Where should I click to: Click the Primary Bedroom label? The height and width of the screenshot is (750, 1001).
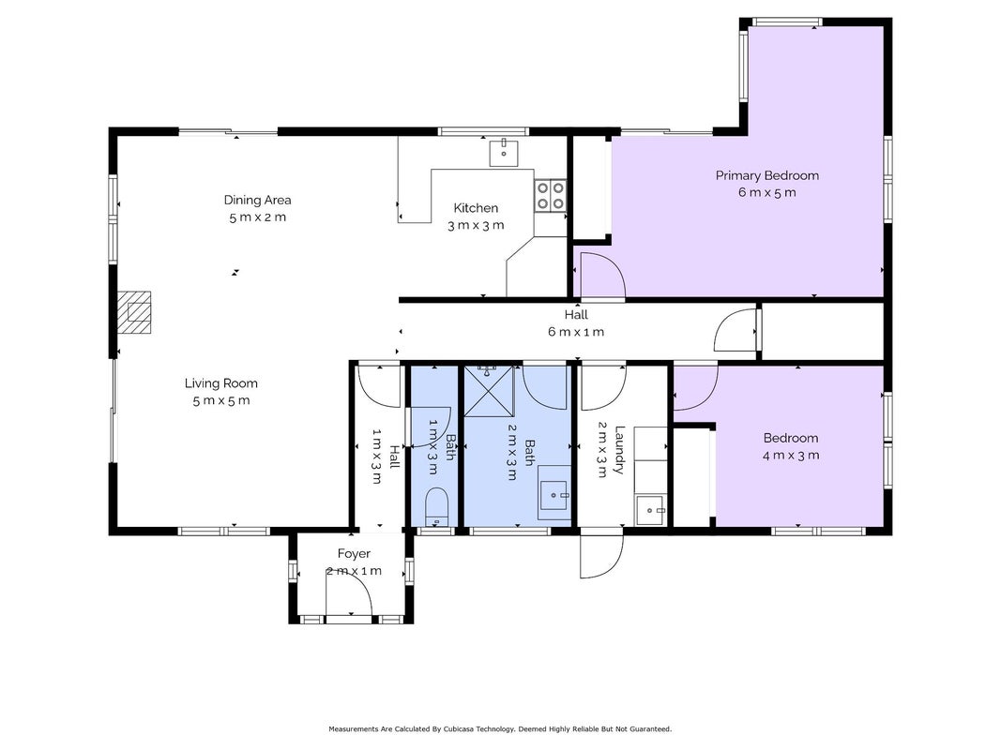point(766,175)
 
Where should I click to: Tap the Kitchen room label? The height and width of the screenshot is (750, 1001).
point(476,208)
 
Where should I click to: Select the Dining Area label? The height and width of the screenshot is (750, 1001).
point(257,200)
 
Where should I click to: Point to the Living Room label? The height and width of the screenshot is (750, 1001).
point(220,383)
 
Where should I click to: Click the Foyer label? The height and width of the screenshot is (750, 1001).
point(354,553)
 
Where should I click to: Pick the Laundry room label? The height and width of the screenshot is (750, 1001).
point(618,450)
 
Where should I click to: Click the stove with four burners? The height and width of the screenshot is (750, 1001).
point(550,195)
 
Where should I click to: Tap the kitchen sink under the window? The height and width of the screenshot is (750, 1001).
point(504,153)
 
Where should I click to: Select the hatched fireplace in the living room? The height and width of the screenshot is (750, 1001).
point(134,312)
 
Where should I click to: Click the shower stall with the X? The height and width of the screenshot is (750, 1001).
point(489,390)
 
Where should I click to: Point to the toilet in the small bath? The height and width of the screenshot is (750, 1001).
point(436,507)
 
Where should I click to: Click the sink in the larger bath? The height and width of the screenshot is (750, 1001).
point(554,492)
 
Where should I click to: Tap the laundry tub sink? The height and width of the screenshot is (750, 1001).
point(650,511)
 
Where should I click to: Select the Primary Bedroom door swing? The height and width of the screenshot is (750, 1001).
point(602,275)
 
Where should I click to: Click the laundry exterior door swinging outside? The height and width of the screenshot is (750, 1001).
point(600,555)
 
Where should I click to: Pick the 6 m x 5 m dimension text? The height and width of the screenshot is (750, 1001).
point(766,192)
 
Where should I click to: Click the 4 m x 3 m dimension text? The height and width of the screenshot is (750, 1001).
point(791,456)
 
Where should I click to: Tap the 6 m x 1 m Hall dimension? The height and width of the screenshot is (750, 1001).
point(576,332)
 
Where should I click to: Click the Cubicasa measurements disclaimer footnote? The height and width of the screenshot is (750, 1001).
point(500,729)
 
